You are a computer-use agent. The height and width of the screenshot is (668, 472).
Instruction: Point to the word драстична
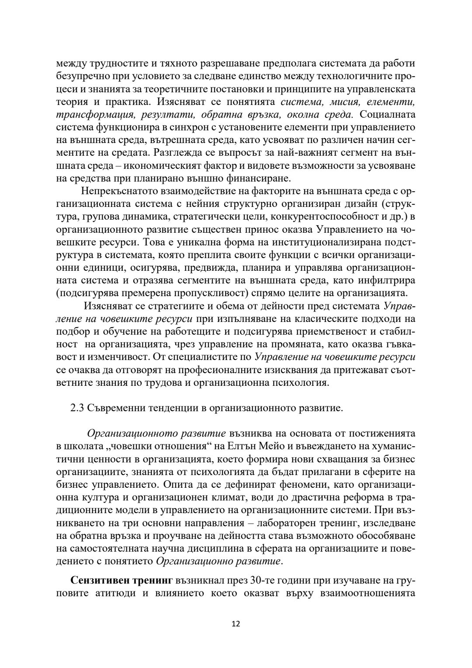tap(288, 497)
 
